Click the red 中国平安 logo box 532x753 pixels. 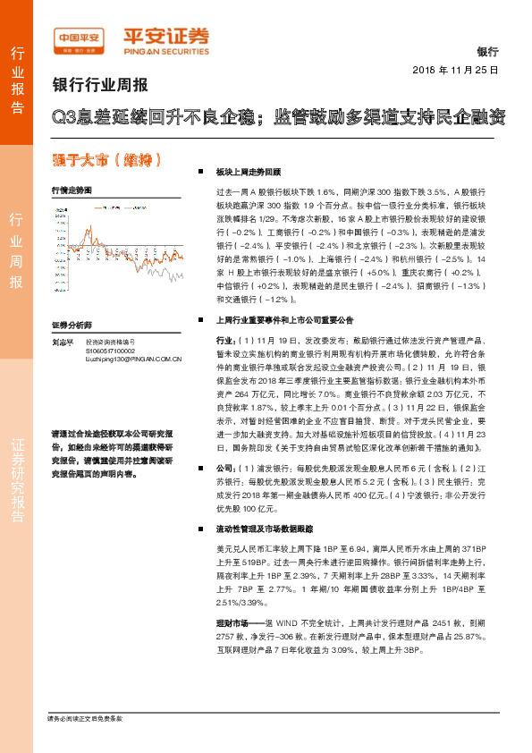(79, 38)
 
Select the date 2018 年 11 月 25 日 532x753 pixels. (456, 69)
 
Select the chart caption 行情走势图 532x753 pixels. (72, 190)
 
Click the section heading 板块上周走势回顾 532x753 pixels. (249, 171)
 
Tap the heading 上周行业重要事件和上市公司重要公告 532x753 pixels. (285, 318)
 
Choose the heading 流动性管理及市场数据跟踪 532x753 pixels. (266, 528)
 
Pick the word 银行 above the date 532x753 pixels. (487, 53)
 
